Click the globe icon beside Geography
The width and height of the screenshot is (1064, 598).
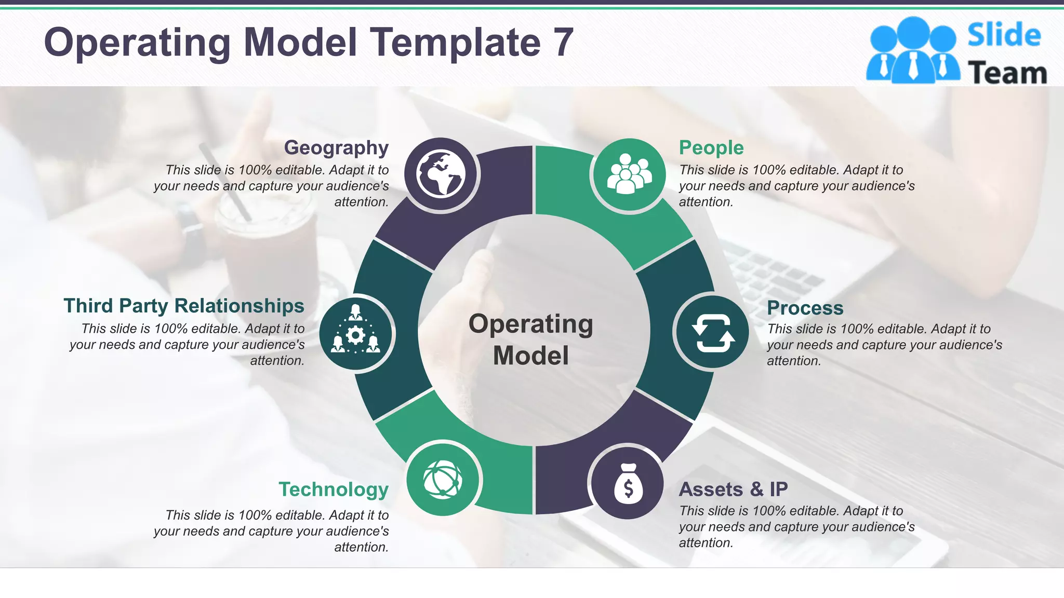pos(441,174)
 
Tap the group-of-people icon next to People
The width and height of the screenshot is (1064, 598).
pos(629,174)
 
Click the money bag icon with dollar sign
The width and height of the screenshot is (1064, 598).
pos(628,483)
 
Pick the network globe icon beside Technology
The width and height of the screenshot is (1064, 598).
pos(443,479)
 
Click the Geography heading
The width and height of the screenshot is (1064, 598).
pos(336,148)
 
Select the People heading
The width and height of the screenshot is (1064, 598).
pos(711,148)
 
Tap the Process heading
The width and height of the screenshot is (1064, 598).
pos(805,308)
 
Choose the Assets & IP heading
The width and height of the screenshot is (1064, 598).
pos(733,489)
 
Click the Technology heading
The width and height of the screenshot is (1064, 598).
pos(334,490)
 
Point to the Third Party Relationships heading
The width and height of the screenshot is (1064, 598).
pos(184,306)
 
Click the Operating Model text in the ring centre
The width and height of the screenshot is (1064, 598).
pos(531,339)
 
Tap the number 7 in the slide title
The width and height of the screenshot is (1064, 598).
pos(563,43)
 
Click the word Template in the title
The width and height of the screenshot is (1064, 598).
pos(455,43)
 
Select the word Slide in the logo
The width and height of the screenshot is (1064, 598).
pos(1004,35)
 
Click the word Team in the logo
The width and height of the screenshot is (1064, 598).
pos(1007,73)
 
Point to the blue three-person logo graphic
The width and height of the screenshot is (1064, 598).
pos(912,50)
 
